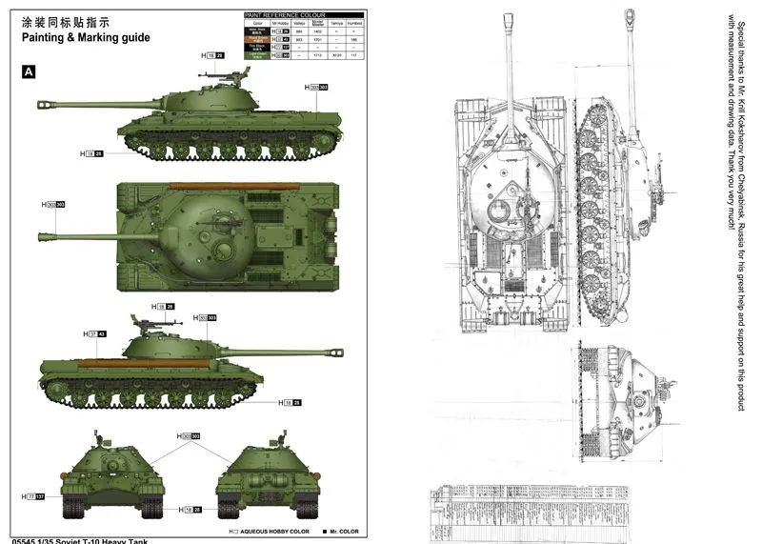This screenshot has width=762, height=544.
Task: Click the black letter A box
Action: point(29,71)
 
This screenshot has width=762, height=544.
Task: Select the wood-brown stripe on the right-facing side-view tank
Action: point(143,362)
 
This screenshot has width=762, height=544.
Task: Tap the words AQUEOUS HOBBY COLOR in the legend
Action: point(275,531)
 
